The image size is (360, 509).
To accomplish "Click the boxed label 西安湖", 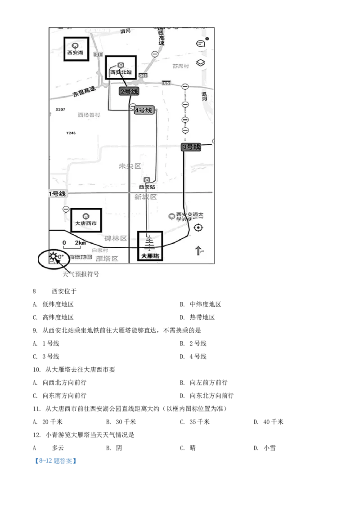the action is click(x=75, y=49).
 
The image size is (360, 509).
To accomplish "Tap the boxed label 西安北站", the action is click(x=120, y=68).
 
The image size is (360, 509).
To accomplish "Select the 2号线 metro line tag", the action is click(x=129, y=91).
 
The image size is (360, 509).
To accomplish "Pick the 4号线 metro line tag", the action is click(x=144, y=110).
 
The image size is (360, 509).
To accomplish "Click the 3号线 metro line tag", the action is click(x=191, y=147).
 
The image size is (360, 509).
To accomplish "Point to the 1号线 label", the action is click(x=57, y=194).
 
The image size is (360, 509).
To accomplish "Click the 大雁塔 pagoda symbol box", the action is click(x=150, y=246).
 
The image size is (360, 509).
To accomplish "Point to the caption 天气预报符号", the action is click(x=81, y=274).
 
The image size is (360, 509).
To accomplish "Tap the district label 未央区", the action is click(x=130, y=166).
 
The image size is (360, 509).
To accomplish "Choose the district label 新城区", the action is click(x=145, y=197).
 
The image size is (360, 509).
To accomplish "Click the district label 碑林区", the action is click(x=116, y=238).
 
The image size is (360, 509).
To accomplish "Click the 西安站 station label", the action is click(x=147, y=187).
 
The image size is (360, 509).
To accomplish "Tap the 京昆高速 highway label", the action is click(x=84, y=92).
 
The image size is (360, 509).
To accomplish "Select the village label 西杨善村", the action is click(x=89, y=115).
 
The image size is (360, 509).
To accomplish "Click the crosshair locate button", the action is click(x=198, y=228).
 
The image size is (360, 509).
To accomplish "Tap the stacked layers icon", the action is click(x=201, y=63).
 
